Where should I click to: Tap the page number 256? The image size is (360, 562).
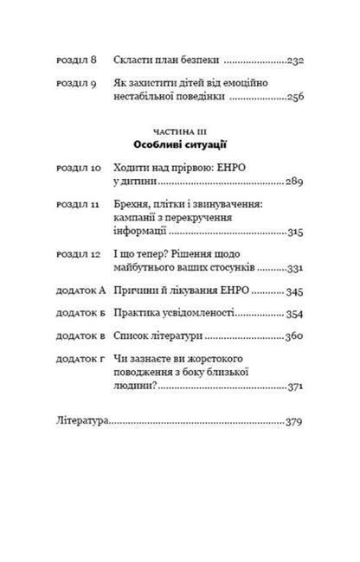[x=298, y=98]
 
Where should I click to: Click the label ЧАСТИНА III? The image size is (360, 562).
[x=180, y=126]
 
